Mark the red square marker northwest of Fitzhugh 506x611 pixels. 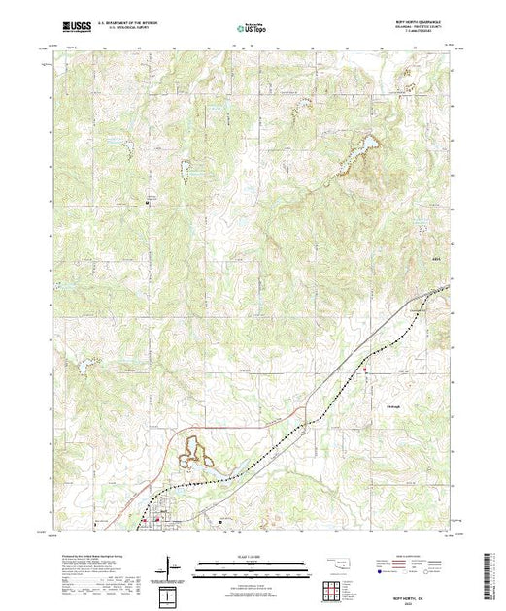[365, 369]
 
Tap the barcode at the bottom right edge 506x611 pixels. [497, 572]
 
